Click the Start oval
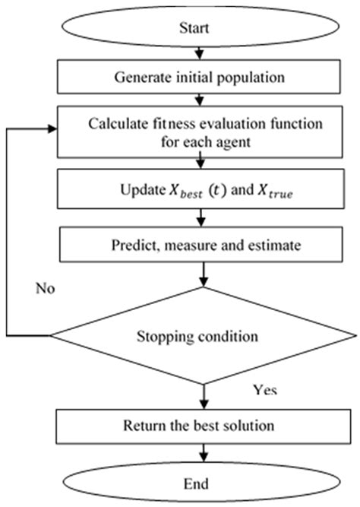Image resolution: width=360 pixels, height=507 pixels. point(200,29)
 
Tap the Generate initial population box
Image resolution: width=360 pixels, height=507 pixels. point(200,77)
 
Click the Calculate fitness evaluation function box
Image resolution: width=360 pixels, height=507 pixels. point(200,132)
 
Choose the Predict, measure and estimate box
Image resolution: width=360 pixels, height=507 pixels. point(200,245)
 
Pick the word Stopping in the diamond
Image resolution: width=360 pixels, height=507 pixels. point(166,334)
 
